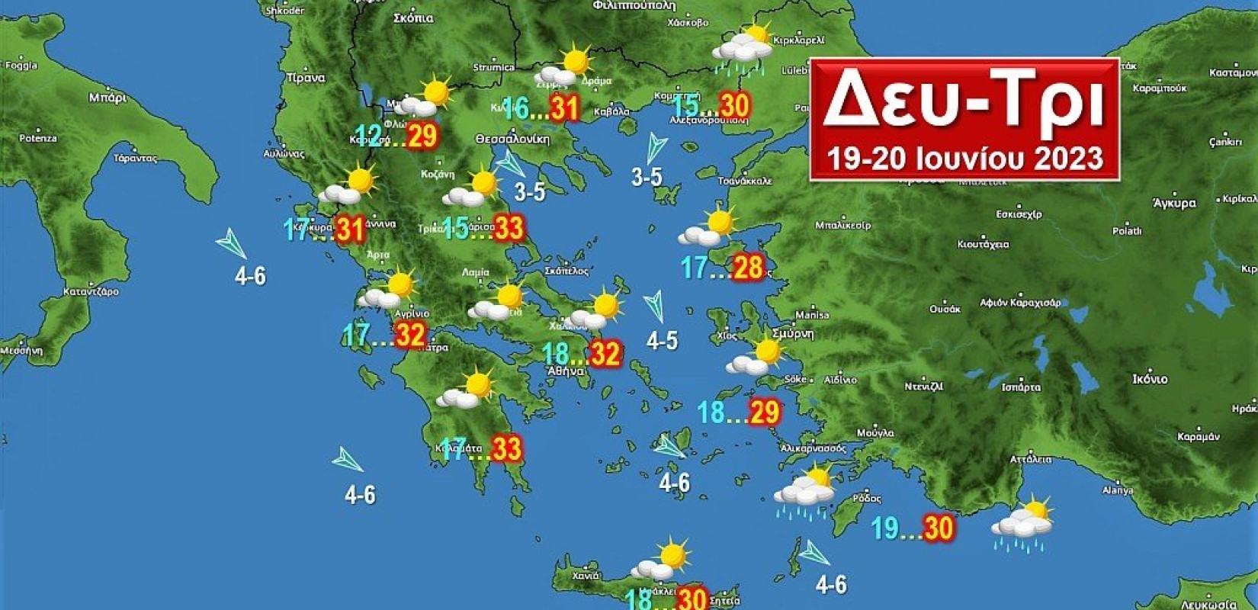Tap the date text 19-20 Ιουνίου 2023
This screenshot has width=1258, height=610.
(964, 159)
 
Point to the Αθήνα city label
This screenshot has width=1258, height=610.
(566, 371)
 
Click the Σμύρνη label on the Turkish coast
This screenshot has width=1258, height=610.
(793, 334)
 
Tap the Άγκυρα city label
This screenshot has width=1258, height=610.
(1175, 203)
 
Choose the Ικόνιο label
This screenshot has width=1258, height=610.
(1150, 379)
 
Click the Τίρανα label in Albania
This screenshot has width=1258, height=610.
(306, 78)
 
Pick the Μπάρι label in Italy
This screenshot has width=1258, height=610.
(108, 97)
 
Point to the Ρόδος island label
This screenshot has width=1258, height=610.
(867, 499)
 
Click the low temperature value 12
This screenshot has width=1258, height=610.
(369, 136)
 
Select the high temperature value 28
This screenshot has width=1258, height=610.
(748, 268)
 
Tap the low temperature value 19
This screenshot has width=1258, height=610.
(885, 528)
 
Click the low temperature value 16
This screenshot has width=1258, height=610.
(515, 109)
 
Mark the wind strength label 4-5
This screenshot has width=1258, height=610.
(662, 341)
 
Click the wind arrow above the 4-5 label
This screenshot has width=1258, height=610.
(655, 307)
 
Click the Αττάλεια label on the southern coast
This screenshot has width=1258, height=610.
(1030, 459)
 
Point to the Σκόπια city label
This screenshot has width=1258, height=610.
(414, 18)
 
